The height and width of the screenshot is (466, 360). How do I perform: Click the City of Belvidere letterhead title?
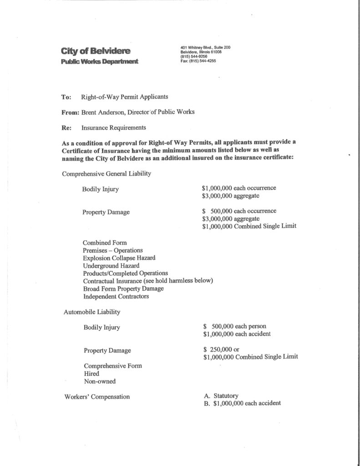tap(96, 51)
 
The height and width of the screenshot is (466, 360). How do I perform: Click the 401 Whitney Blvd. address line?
tap(206, 47)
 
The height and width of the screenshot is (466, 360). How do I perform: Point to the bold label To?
tap(66, 96)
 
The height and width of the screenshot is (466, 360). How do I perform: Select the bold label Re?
tap(66, 127)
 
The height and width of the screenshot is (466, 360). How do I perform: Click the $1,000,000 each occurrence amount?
tap(239, 188)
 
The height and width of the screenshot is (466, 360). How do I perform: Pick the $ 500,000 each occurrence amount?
tap(239, 211)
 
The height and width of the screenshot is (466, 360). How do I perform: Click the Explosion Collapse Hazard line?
tap(119, 258)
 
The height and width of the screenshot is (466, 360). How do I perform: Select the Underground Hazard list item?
tap(111, 265)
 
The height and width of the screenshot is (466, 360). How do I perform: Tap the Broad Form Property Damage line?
tap(123, 289)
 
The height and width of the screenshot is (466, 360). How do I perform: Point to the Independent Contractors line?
tap(116, 296)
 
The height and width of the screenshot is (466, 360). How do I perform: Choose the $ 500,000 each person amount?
tap(235, 326)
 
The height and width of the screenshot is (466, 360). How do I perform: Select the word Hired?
tap(91, 373)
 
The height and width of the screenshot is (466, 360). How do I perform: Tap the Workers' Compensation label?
tap(97, 396)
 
